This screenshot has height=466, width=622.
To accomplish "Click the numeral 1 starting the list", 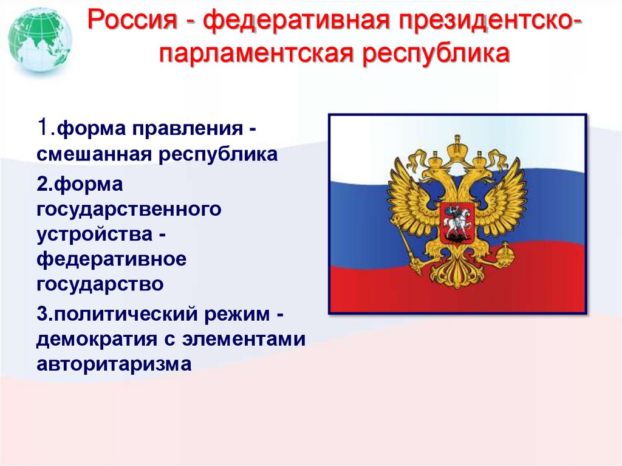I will tap(42, 128).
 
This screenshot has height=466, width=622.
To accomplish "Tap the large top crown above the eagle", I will tap(457, 146).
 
